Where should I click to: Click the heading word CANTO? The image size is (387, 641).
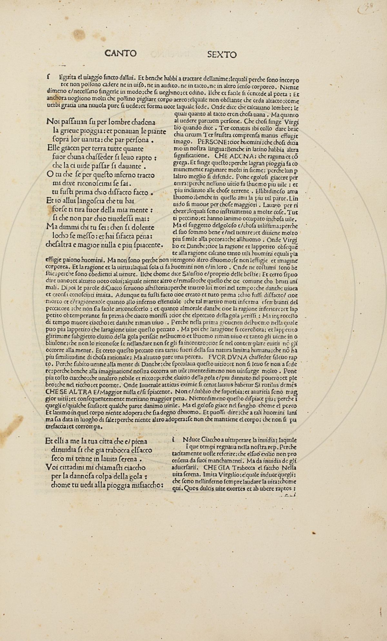click(x=121, y=53)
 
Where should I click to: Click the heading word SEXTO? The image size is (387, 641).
click(x=222, y=54)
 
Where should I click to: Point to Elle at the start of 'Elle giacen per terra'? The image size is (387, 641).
click(x=53, y=149)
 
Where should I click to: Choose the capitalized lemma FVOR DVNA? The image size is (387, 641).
click(x=226, y=357)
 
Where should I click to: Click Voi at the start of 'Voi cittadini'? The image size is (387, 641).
click(x=52, y=468)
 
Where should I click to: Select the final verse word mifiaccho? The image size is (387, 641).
click(x=148, y=486)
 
